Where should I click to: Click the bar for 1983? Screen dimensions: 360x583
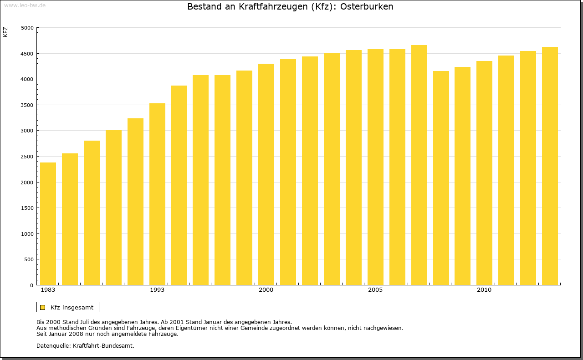(48, 223)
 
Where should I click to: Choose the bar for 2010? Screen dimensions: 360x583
(484, 173)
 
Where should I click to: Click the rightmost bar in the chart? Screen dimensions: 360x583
(550, 166)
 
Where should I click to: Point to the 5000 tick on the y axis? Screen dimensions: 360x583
(28, 28)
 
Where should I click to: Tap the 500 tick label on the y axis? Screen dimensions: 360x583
(29, 259)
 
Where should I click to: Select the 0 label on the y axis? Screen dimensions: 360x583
(32, 285)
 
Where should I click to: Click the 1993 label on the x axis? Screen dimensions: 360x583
(157, 290)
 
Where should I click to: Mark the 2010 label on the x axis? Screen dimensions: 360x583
(484, 290)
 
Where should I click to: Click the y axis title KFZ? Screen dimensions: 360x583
(5, 32)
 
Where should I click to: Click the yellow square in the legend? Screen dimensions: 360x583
(43, 307)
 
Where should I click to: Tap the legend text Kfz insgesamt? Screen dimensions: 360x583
(72, 307)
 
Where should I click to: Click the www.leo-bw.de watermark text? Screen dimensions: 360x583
(25, 5)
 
